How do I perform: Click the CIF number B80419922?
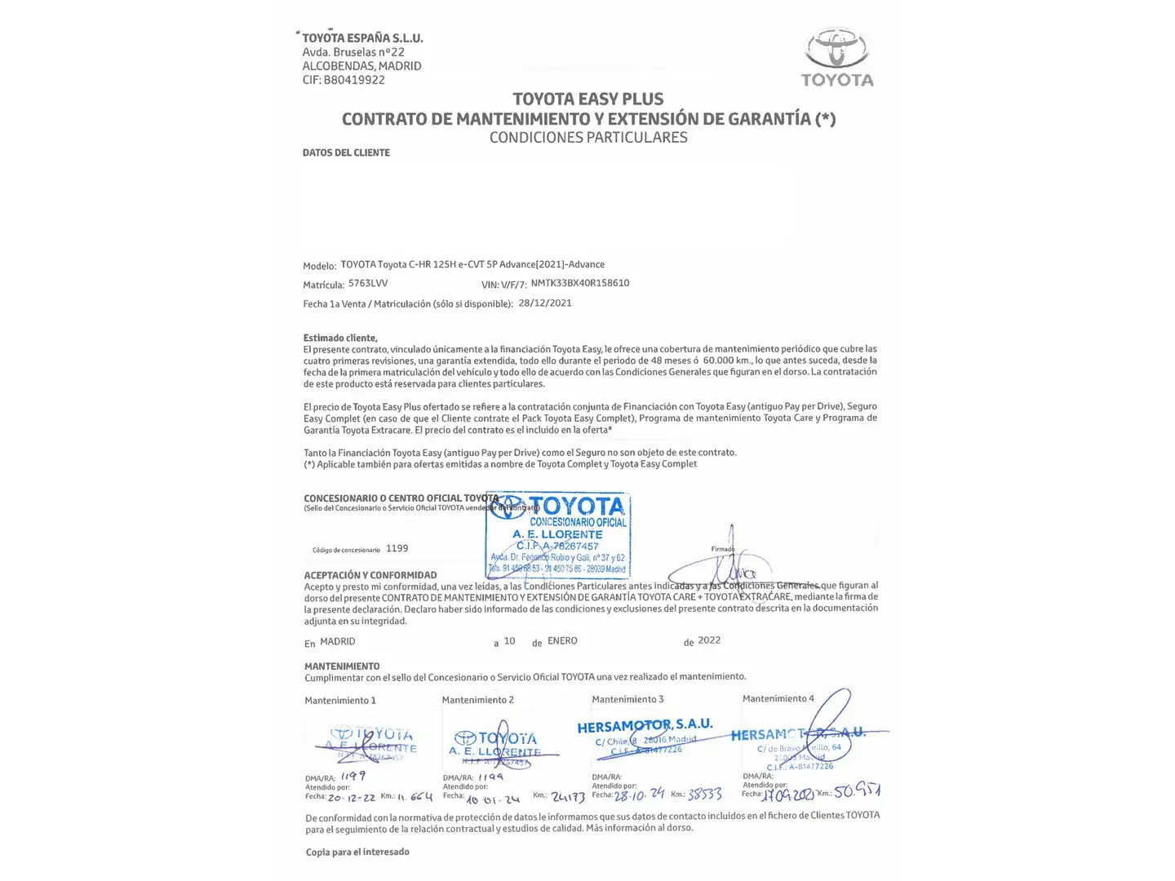(x=354, y=80)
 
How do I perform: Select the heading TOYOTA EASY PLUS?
(x=587, y=100)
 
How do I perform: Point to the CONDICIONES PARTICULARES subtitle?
(x=587, y=138)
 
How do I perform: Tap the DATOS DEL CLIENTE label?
(x=346, y=153)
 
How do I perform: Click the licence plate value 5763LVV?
(x=368, y=284)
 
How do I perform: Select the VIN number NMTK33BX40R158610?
(x=579, y=284)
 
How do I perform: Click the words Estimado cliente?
(x=340, y=338)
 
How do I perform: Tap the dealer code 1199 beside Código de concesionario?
(x=397, y=548)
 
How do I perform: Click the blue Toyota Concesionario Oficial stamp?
(x=558, y=535)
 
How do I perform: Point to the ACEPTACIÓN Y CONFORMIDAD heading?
(x=370, y=575)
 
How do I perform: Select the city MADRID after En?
(x=338, y=642)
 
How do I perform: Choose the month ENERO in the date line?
(x=562, y=641)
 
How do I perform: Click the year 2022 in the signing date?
(x=709, y=640)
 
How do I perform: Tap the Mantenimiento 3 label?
(x=627, y=699)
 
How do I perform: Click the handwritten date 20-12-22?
(x=352, y=797)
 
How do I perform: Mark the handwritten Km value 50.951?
(x=857, y=790)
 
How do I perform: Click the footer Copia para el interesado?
(x=357, y=852)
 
